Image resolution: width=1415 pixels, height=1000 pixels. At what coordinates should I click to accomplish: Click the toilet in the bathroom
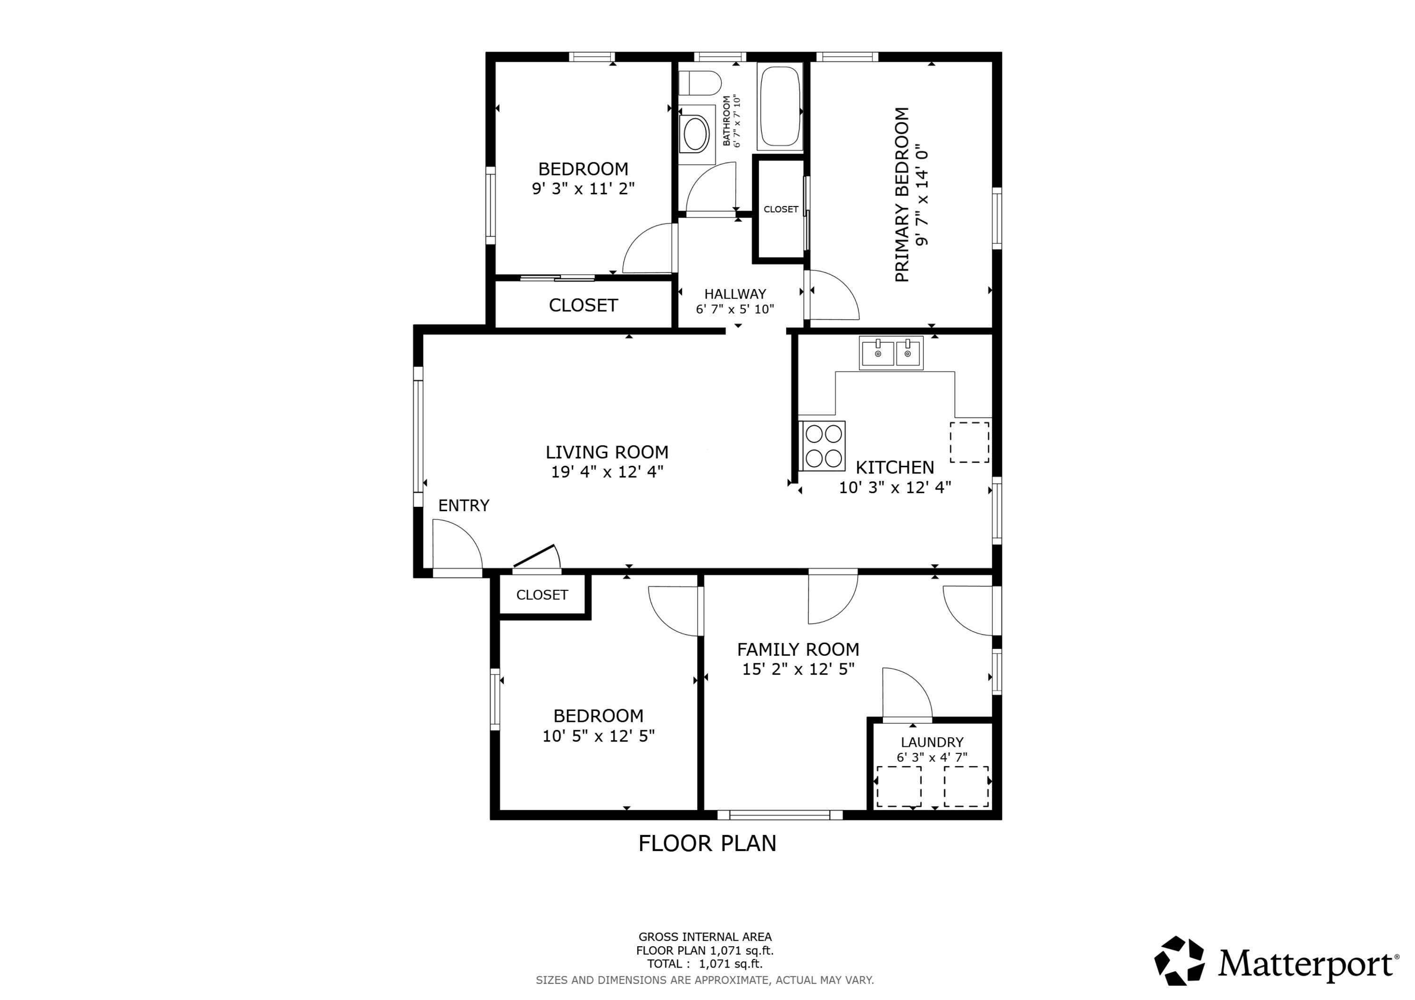point(701,83)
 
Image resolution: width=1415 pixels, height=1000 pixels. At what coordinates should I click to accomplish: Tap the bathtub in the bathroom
point(780,107)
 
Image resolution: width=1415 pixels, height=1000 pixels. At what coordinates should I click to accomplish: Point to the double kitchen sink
point(891,353)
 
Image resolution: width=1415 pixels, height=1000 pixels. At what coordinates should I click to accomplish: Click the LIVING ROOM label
point(607,452)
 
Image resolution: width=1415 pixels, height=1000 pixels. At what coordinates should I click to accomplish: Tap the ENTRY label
point(464,505)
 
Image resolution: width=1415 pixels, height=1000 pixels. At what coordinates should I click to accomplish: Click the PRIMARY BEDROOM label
point(902,195)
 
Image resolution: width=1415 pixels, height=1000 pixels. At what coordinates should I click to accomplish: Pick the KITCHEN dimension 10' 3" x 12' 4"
point(894,488)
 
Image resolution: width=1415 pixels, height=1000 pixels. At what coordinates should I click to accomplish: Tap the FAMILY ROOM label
point(798,649)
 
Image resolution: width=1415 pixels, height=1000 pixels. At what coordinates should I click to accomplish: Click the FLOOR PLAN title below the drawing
point(707,843)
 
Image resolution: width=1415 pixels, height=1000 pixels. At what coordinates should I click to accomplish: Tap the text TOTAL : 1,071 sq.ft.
point(704,964)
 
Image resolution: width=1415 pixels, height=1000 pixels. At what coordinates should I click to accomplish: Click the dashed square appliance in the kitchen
point(969,442)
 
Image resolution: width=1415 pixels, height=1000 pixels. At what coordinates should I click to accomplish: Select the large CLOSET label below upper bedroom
point(583,305)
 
